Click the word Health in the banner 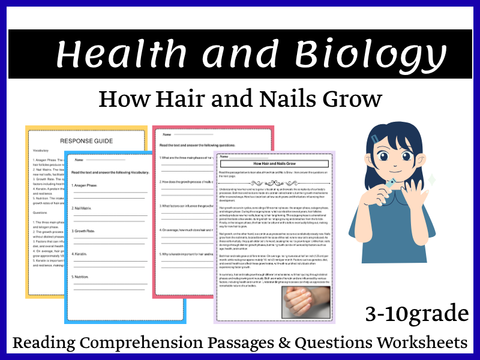pyautogui.click(x=119, y=54)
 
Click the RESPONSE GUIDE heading pyautogui.click(x=86, y=140)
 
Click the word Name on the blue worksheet pyautogui.click(x=79, y=160)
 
